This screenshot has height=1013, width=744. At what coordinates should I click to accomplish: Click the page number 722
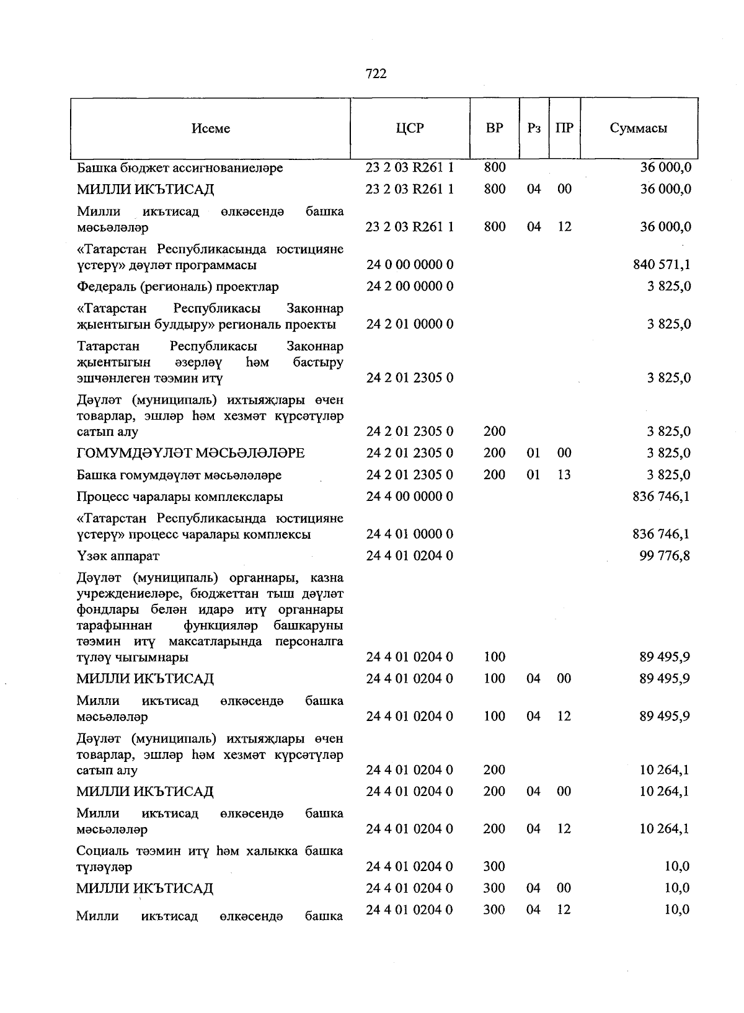(x=376, y=74)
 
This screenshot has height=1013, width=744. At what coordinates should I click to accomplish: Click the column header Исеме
(x=210, y=128)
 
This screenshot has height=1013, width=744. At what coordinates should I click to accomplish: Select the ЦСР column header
(x=410, y=128)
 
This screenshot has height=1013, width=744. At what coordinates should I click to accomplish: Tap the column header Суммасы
(x=638, y=128)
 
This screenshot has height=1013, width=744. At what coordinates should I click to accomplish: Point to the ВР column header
(x=494, y=128)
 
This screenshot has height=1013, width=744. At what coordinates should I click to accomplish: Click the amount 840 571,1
(x=662, y=265)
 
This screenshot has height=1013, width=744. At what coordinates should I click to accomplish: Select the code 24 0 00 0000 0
(x=410, y=265)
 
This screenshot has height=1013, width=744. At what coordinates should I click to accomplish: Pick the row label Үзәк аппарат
(x=118, y=556)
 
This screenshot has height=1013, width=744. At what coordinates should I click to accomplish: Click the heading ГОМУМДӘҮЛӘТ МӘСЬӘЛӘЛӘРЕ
(x=190, y=453)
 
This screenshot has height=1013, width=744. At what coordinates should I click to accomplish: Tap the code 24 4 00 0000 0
(x=410, y=497)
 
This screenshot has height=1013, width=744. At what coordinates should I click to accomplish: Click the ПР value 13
(x=564, y=475)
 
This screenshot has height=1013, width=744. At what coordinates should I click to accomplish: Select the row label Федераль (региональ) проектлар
(x=178, y=287)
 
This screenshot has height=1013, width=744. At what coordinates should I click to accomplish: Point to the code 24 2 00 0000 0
(x=410, y=286)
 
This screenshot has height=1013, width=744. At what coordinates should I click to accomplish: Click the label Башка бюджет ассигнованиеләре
(x=180, y=168)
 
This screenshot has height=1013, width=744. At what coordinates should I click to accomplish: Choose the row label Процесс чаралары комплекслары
(x=180, y=497)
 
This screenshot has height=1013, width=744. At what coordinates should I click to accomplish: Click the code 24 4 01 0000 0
(x=410, y=534)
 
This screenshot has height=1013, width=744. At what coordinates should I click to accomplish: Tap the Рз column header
(x=533, y=128)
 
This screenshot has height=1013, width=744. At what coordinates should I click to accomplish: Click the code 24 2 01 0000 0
(x=410, y=324)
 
